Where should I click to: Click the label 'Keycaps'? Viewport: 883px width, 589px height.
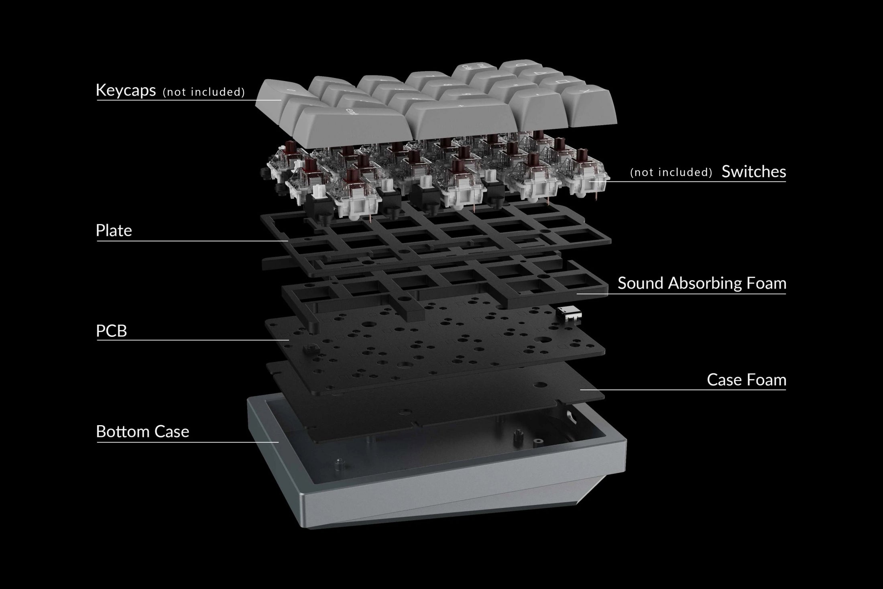(126, 90)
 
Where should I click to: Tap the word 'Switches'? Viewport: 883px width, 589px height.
(753, 172)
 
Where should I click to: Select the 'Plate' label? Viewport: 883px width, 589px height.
(114, 230)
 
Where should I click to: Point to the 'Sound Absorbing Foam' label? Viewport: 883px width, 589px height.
(702, 283)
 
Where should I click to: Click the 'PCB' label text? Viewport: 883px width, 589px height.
(111, 331)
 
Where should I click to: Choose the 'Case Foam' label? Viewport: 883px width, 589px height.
(746, 380)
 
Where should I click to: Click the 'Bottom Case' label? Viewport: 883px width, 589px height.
(142, 432)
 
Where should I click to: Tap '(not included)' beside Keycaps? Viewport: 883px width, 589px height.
(203, 92)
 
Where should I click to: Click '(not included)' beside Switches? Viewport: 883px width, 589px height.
(671, 172)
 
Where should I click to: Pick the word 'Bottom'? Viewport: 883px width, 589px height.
(125, 432)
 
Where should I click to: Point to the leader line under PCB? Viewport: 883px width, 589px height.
(193, 340)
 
